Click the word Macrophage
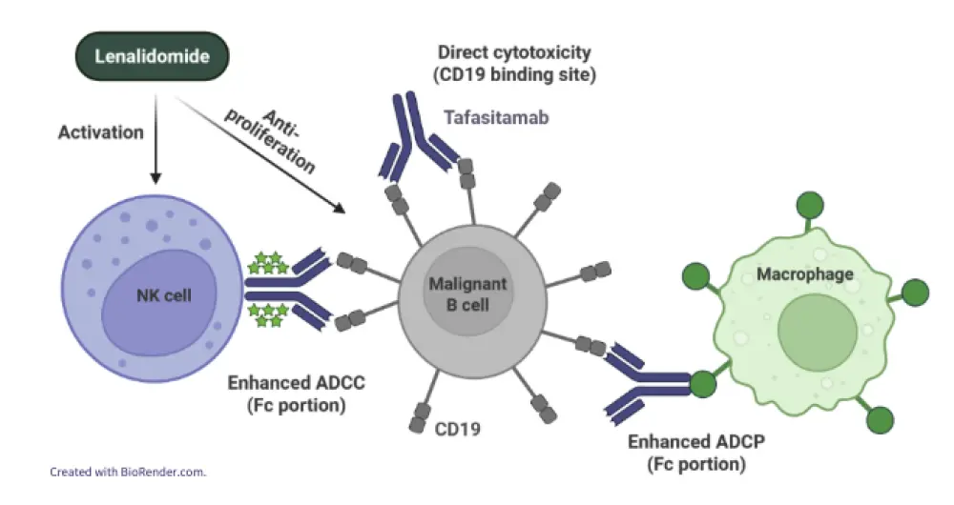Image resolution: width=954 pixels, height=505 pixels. (x=804, y=275)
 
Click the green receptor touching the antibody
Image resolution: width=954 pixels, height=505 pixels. (x=704, y=384)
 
